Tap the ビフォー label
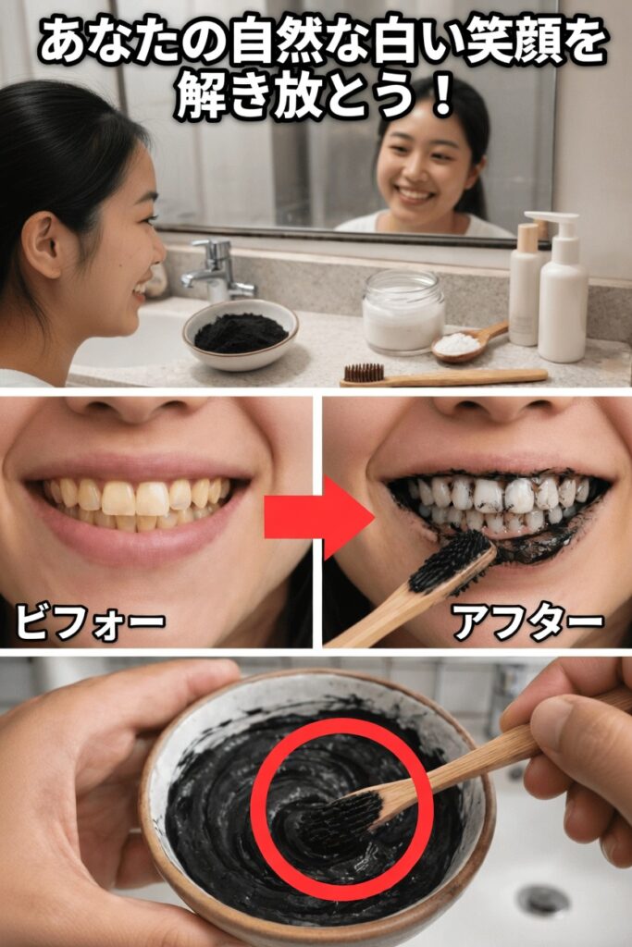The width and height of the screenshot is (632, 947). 90,622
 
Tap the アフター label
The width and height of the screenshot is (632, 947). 528,623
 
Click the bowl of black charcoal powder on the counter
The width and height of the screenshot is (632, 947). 241,334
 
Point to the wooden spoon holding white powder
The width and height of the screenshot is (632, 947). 469,342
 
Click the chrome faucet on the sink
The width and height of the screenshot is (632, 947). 217,270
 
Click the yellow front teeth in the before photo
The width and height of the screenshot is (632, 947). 135,498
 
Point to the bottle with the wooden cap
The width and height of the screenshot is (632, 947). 525,285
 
